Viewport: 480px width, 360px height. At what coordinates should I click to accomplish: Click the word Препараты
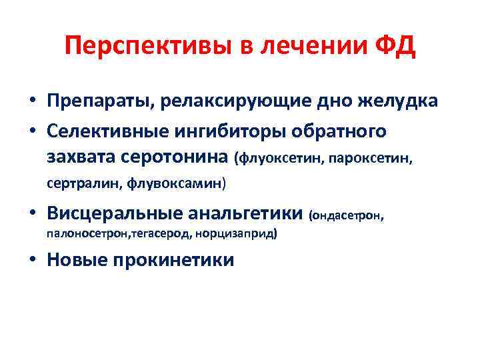96,101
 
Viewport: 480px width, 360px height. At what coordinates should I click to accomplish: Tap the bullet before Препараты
33,101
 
